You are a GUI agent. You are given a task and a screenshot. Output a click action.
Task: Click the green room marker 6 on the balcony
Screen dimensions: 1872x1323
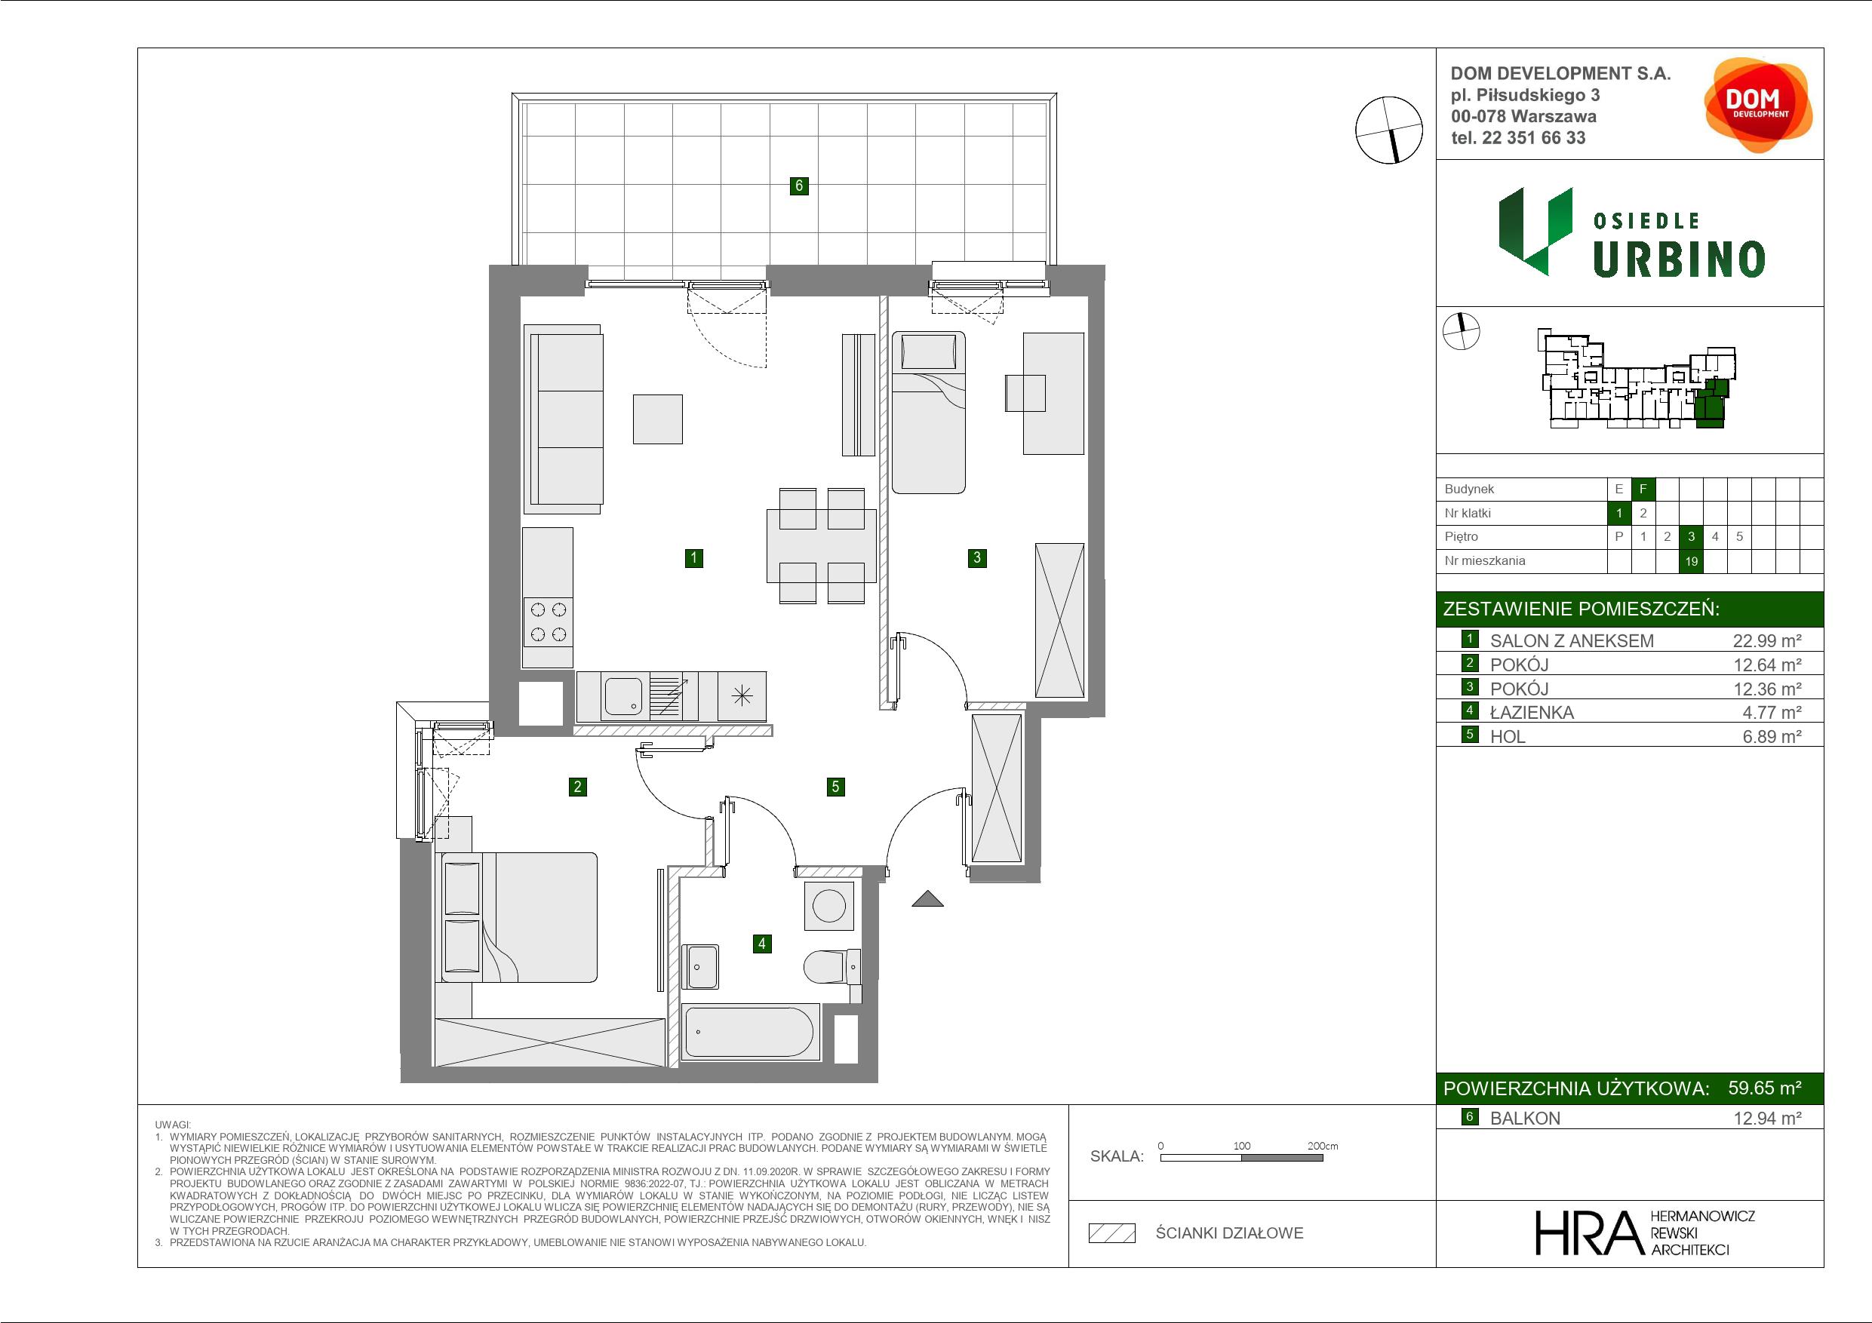pyautogui.click(x=798, y=186)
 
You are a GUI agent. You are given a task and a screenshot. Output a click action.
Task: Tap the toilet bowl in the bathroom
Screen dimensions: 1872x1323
pyautogui.click(x=831, y=968)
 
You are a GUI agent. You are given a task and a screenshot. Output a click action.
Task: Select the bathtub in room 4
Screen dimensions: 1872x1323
pyautogui.click(x=750, y=1033)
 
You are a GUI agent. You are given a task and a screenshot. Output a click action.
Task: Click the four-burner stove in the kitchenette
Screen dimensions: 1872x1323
pyautogui.click(x=548, y=622)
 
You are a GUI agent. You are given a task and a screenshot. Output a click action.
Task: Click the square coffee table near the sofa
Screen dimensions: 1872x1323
pyautogui.click(x=657, y=419)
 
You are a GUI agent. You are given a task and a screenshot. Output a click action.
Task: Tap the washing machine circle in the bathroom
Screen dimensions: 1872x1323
pyautogui.click(x=829, y=906)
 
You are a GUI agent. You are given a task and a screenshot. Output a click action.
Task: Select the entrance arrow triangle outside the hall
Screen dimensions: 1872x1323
pyautogui.click(x=927, y=899)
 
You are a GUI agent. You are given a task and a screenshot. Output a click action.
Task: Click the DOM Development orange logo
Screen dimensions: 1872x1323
pyautogui.click(x=1758, y=104)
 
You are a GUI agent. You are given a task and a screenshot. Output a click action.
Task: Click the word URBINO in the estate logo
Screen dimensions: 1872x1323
pyautogui.click(x=1679, y=260)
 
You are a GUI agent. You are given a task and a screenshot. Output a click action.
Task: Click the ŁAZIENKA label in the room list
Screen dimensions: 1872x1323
pyautogui.click(x=1531, y=713)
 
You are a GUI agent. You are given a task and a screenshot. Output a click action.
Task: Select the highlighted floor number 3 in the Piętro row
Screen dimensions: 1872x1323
pyautogui.click(x=1691, y=536)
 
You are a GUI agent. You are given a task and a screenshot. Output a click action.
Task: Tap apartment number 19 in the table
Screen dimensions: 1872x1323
pyautogui.click(x=1691, y=561)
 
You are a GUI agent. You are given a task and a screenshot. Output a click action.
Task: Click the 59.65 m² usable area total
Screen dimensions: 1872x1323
pyautogui.click(x=1764, y=1088)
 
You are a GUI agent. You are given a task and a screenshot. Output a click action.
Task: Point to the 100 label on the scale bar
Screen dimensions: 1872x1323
pyautogui.click(x=1241, y=1145)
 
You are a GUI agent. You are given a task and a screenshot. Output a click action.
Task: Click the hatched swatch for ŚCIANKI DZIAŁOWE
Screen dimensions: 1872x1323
pyautogui.click(x=1112, y=1233)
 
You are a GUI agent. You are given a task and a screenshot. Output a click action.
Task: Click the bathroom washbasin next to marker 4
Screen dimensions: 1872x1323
pyautogui.click(x=699, y=967)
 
